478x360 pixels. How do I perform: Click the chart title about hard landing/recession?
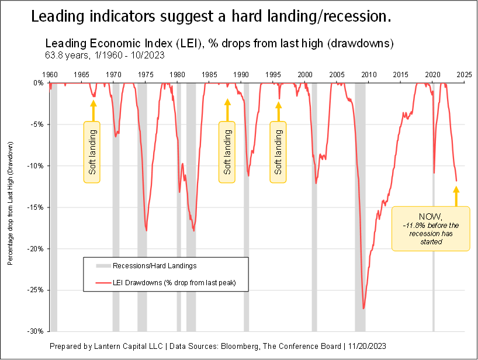pyautogui.click(x=211, y=17)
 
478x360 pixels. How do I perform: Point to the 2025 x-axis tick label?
pyautogui.click(x=464, y=75)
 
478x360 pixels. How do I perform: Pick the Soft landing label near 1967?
pyautogui.click(x=92, y=152)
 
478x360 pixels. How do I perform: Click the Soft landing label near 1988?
pyautogui.click(x=227, y=152)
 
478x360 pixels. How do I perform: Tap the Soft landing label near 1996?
pyautogui.click(x=278, y=152)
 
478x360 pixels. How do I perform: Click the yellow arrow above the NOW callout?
pyautogui.click(x=456, y=196)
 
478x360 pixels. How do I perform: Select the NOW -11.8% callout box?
pyautogui.click(x=431, y=229)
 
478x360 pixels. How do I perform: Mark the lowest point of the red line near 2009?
pyautogui.click(x=363, y=308)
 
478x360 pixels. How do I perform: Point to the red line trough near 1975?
pyautogui.click(x=146, y=230)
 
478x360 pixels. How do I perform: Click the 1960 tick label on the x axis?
pyautogui.click(x=50, y=75)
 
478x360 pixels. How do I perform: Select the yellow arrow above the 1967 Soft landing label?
pyautogui.click(x=92, y=109)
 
